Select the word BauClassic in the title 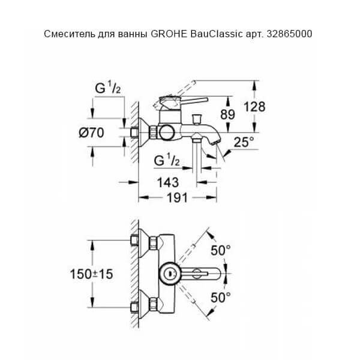[217, 34]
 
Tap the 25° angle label [244, 143]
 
